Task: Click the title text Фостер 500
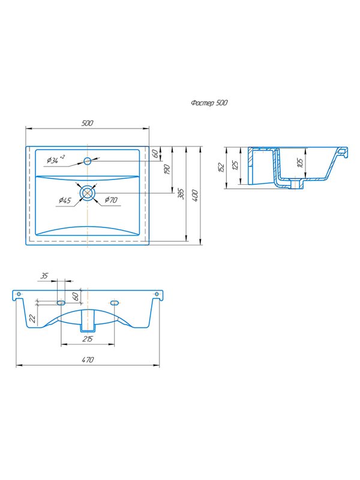pos(209,103)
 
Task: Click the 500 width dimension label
pos(87,123)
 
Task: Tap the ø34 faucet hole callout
pos(55,160)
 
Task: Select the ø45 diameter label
pos(65,200)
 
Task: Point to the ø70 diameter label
pos(111,200)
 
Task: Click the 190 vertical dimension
pos(167,170)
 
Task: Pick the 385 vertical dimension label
pos(181,194)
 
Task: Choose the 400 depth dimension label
pos(195,196)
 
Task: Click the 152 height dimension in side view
pos(221,167)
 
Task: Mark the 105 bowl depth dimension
pos(301,163)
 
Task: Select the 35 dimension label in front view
pos(44,276)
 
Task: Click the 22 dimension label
pos(32,319)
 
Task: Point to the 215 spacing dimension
pos(88,339)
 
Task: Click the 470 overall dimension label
pos(88,359)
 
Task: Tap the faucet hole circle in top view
pos(88,161)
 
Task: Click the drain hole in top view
pos(88,193)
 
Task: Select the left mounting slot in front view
pos(61,303)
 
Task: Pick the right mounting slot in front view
pos(114,303)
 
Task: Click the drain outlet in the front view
pos(88,321)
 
